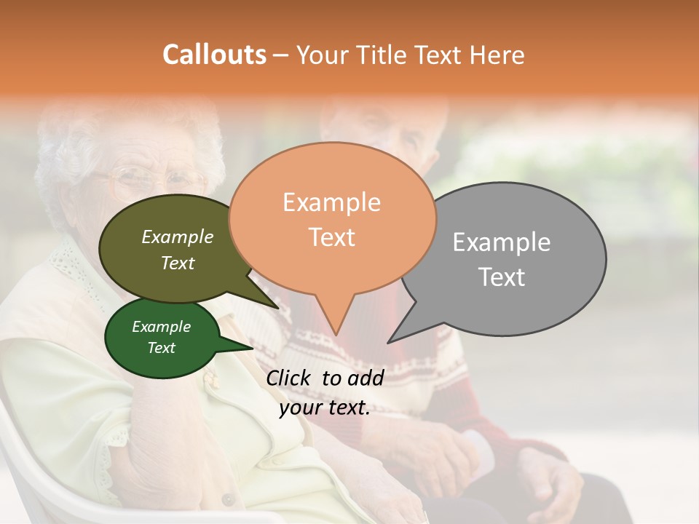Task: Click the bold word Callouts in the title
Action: (214, 55)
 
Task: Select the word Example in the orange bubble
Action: (331, 202)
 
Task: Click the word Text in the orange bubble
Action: (331, 237)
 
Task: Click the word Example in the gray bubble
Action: (502, 242)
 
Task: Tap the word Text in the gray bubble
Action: (502, 277)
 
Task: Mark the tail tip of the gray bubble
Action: (389, 342)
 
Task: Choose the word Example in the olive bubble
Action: (178, 237)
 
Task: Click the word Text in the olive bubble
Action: (178, 263)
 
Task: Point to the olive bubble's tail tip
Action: (277, 308)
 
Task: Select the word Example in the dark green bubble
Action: (161, 327)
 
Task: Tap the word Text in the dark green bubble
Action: (161, 348)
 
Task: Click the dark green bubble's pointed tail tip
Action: (253, 348)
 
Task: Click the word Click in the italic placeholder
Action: (289, 378)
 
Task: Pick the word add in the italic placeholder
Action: (366, 378)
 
